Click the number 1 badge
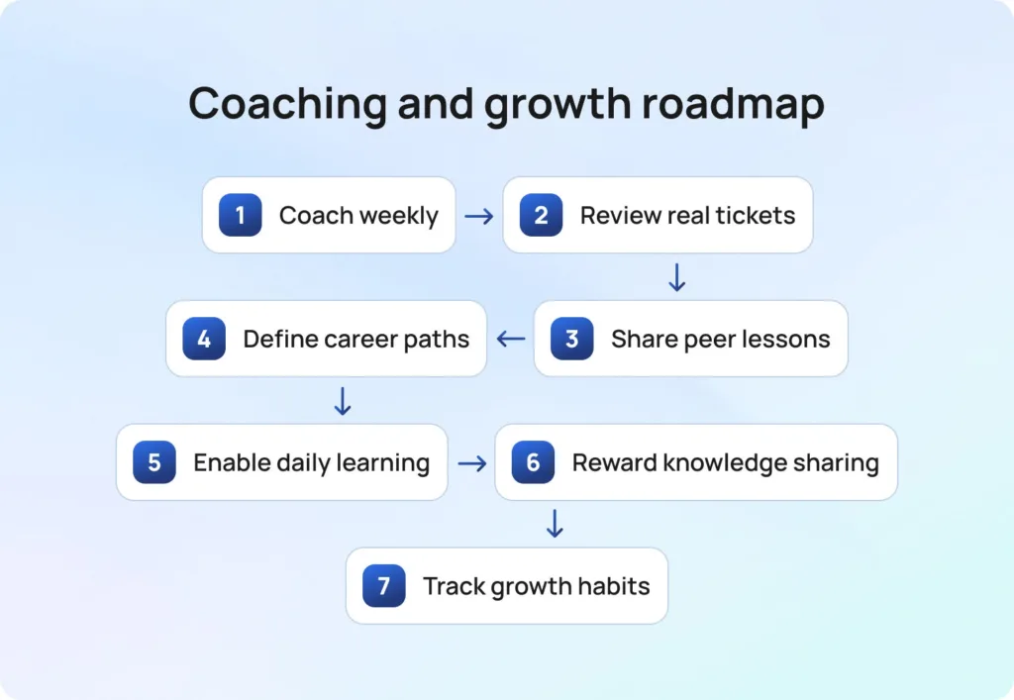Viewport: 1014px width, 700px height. [240, 215]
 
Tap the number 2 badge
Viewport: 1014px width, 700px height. [541, 215]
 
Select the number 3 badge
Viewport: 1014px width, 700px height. [571, 338]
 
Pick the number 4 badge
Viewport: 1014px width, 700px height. [204, 338]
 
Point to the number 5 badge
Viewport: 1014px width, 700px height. [153, 462]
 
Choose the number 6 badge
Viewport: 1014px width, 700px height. [533, 462]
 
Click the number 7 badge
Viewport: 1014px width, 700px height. [383, 585]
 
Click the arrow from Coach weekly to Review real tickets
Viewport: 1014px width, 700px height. [478, 216]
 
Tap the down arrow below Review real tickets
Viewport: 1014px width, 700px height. [676, 277]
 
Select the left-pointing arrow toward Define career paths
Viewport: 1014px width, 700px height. [511, 339]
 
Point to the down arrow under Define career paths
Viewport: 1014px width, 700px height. [342, 401]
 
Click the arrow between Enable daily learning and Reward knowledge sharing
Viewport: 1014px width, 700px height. [472, 463]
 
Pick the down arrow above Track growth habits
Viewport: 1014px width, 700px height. [555, 524]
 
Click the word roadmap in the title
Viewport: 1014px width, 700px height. [733, 103]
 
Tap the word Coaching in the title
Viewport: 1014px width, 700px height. [287, 103]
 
